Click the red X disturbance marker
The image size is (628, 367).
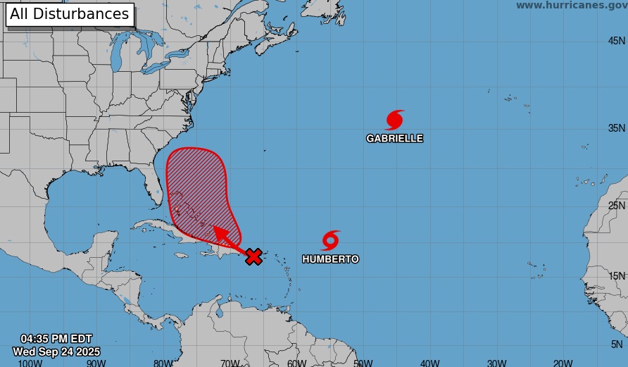tap(253, 257)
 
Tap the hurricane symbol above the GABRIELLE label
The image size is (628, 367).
tap(395, 120)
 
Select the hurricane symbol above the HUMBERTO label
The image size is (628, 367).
tap(330, 240)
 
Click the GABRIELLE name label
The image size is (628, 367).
tap(394, 139)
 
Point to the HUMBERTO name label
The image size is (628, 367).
tap(330, 259)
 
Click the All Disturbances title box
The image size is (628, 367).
tap(70, 14)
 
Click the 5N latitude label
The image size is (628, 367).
tap(617, 344)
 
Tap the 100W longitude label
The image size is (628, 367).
tap(30, 363)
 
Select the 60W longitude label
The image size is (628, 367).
tap(296, 363)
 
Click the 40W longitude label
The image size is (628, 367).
tap(429, 363)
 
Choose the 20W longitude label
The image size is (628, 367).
tap(563, 363)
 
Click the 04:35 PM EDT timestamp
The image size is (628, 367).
tap(56, 339)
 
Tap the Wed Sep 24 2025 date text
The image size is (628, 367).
tap(56, 352)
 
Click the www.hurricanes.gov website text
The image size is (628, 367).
tap(570, 6)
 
